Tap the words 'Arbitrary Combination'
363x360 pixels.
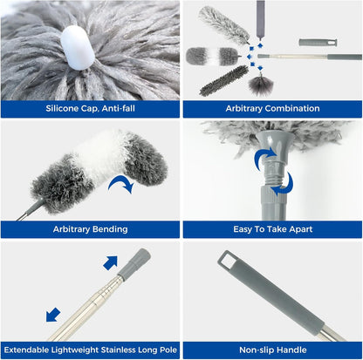tap(272, 109)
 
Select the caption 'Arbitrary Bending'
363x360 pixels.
tap(90, 229)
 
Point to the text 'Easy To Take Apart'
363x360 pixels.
tap(272, 229)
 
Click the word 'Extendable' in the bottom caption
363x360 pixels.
tap(32, 349)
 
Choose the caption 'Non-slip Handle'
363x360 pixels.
tap(272, 349)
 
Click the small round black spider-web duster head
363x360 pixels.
tap(260, 85)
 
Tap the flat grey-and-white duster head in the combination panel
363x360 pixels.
tap(211, 56)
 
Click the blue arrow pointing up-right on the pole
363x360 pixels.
tap(110, 263)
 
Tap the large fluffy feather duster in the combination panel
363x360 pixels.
tap(223, 21)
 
